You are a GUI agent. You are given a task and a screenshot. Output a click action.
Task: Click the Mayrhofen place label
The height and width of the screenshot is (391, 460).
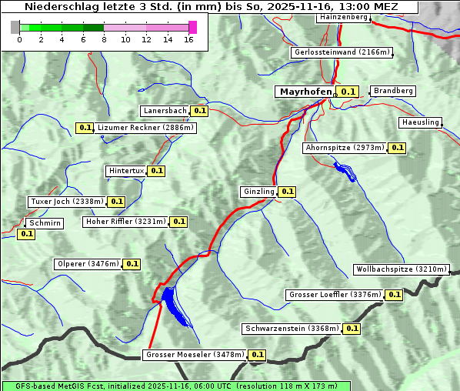coord(305,92)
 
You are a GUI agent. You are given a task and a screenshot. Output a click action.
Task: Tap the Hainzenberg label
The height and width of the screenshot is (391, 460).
coord(342,17)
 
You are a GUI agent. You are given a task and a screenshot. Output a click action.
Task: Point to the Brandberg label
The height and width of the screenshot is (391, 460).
coord(393,91)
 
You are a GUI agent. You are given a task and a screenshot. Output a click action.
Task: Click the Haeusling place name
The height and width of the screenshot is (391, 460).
coord(420,122)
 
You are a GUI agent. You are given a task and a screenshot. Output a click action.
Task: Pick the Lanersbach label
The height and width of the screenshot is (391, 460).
coord(165,111)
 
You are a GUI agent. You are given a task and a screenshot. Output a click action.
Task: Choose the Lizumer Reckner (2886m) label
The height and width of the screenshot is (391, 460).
coord(145,128)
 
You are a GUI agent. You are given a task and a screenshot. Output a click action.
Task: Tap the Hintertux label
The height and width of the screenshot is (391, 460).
coord(126,171)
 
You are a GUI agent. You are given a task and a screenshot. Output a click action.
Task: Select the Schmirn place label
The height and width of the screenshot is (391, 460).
coord(45,222)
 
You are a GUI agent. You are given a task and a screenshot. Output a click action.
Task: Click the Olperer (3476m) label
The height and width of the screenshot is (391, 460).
coord(88,264)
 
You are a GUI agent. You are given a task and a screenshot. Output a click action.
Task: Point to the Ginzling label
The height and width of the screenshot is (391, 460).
coord(258,192)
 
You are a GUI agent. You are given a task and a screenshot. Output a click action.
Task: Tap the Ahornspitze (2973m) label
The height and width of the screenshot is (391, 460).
coord(344,148)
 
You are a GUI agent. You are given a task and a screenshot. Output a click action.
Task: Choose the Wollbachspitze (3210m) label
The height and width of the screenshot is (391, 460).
coord(401,269)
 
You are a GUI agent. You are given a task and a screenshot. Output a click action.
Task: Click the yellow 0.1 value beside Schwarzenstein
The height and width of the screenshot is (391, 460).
coord(352,329)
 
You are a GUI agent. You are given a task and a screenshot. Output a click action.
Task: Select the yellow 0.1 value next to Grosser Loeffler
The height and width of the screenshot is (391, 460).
coord(394,295)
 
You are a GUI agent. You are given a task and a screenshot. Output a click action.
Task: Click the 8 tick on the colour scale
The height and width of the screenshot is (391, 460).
coord(104,39)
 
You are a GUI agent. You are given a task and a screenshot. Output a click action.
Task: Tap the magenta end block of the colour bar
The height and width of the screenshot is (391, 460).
coord(192,27)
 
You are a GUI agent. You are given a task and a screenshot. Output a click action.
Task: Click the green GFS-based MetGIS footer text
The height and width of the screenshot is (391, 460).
coord(175,386)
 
